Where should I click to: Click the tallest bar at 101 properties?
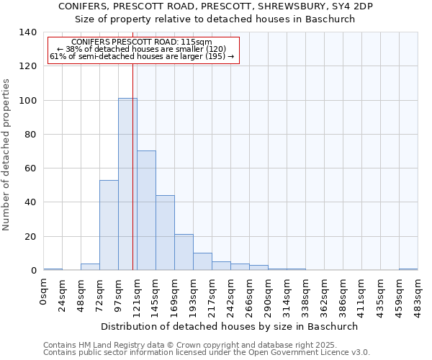[127, 184]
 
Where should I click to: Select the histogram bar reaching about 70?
[146, 210]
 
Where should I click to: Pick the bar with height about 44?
[165, 233]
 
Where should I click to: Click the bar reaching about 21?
[184, 252]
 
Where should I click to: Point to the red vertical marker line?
[132, 166]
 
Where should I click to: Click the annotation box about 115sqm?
[143, 50]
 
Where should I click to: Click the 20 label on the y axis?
[31, 237]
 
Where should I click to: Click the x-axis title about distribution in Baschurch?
[229, 326]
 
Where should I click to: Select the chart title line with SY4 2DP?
[215, 6]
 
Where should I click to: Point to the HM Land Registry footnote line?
[189, 345]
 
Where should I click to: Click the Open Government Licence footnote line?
[206, 352]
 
